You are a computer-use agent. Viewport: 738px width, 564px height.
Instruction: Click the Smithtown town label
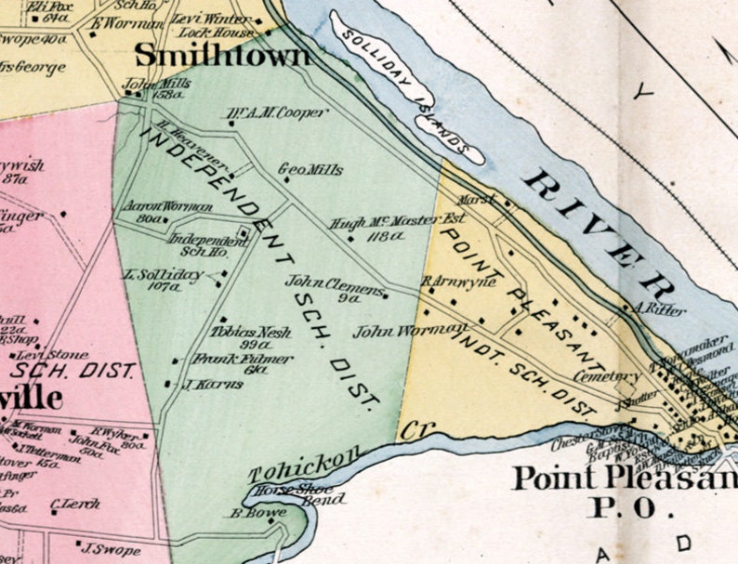pos(222,57)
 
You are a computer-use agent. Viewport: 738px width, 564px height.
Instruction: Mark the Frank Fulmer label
pos(230,359)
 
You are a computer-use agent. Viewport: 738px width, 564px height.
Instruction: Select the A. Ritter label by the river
pos(652,308)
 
